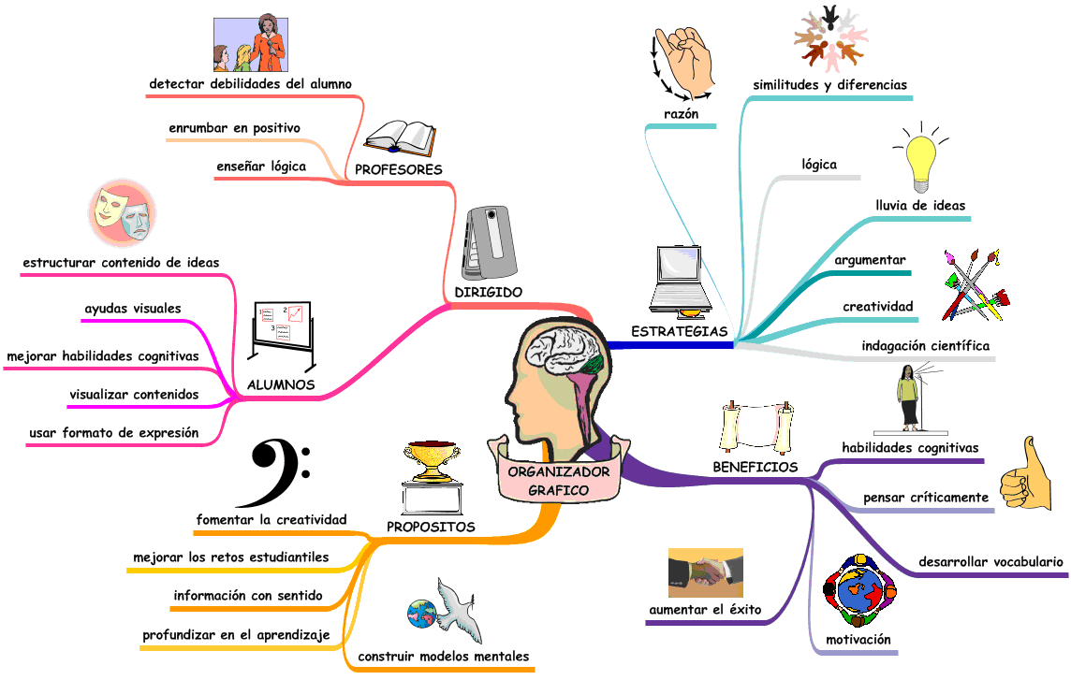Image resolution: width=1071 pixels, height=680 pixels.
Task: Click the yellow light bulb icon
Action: [920, 161]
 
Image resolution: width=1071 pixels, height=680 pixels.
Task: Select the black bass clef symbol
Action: [278, 470]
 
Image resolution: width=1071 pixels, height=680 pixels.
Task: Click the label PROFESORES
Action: [398, 169]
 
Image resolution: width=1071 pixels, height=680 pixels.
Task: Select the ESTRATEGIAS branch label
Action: [680, 331]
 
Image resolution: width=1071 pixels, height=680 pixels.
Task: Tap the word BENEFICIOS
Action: [756, 467]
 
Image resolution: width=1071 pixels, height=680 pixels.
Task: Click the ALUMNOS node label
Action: [280, 384]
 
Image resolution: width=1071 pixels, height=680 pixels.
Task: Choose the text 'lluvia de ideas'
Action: [920, 205]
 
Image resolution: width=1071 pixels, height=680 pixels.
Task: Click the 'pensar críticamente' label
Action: [925, 497]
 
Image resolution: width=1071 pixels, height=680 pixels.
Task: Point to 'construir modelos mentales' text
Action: [444, 656]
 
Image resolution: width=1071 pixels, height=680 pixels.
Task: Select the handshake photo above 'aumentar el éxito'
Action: [706, 572]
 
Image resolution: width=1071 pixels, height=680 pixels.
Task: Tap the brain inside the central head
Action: [560, 352]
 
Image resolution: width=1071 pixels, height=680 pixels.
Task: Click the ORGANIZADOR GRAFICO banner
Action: [558, 481]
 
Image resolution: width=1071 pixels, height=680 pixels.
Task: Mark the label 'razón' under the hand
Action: [681, 114]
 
